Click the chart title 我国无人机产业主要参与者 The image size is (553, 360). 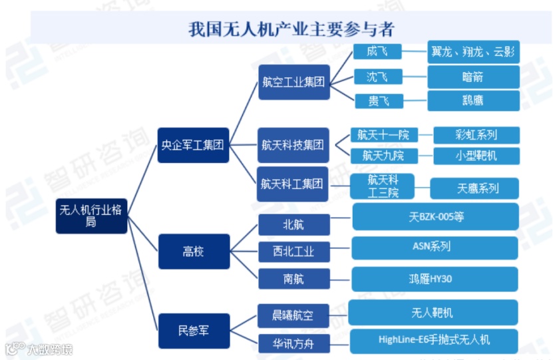coord(290,30)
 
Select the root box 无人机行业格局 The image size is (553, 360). coord(91,216)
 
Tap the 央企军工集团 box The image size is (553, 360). coord(192,144)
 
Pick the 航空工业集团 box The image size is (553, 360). coord(293,83)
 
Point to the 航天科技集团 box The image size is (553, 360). coord(293,144)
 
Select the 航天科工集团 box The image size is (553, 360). coord(293,184)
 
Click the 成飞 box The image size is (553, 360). coord(377,51)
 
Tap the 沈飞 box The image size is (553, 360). coord(377,77)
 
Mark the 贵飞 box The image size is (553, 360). coord(377,100)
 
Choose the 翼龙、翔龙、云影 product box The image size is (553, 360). coord(473,51)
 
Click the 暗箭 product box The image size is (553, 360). coord(473,77)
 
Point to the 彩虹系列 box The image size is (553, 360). coord(476,135)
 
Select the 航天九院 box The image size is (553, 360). coord(383,156)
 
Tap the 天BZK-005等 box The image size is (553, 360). coord(435,217)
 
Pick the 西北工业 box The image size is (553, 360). coord(293,252)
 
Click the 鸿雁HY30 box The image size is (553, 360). coord(435,279)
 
